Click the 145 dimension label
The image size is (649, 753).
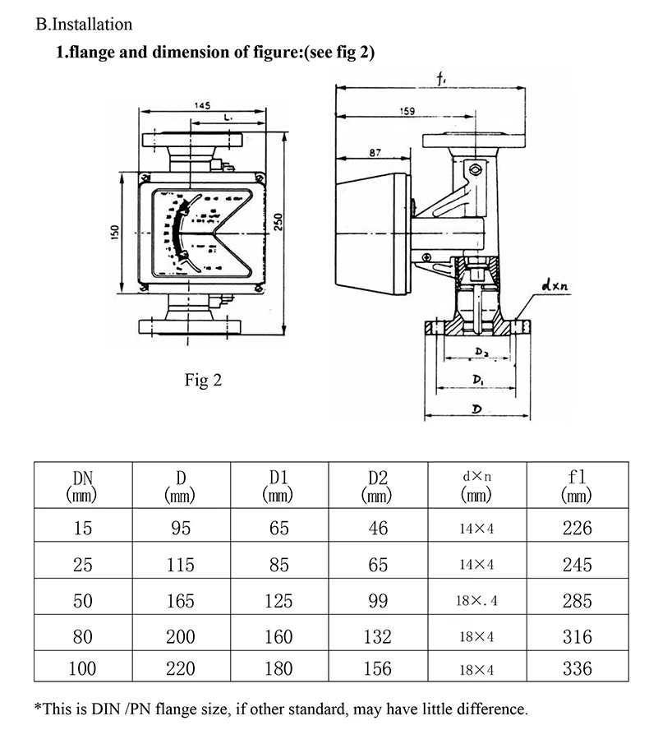tap(203, 105)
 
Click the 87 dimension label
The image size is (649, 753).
tap(375, 153)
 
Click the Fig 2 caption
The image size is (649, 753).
tap(202, 381)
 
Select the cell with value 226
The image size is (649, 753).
tap(577, 529)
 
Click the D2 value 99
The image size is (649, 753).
tap(378, 601)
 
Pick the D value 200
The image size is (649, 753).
tap(180, 636)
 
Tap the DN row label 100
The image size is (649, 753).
tap(82, 669)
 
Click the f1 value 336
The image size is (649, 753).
tap(577, 669)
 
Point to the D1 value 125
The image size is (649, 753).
tap(279, 601)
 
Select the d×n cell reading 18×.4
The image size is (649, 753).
tap(476, 601)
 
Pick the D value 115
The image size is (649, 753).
tap(180, 565)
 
